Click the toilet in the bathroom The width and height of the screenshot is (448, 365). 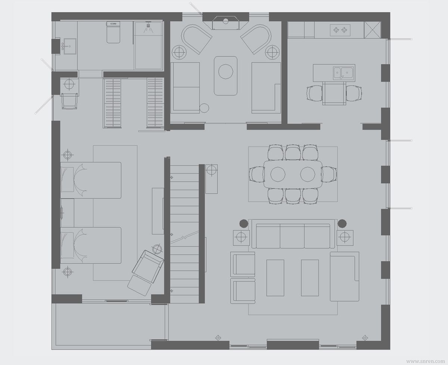(x=113, y=32)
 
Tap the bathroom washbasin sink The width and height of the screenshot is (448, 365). (x=70, y=46)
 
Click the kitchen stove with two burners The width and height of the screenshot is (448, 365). (x=340, y=30)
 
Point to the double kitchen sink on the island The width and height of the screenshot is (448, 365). (x=343, y=73)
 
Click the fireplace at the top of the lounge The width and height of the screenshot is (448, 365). (x=226, y=22)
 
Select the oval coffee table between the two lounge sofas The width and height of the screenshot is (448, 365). (x=226, y=76)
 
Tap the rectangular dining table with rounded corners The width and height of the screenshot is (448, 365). (x=293, y=174)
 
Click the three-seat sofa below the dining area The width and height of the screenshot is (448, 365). (x=293, y=234)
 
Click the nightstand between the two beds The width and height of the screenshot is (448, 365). (x=67, y=213)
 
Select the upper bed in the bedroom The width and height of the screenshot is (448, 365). (x=91, y=180)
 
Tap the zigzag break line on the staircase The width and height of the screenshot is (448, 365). (x=184, y=238)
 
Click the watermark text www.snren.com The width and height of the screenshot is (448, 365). (x=426, y=361)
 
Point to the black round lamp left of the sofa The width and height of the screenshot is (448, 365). (x=244, y=223)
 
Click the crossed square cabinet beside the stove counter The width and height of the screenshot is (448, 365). (x=372, y=30)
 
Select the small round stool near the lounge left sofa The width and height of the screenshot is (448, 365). (x=204, y=108)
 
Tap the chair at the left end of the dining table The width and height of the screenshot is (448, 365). (x=257, y=174)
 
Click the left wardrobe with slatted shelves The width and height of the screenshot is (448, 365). (x=112, y=103)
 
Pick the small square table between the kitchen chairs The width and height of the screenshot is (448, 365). (x=334, y=93)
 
